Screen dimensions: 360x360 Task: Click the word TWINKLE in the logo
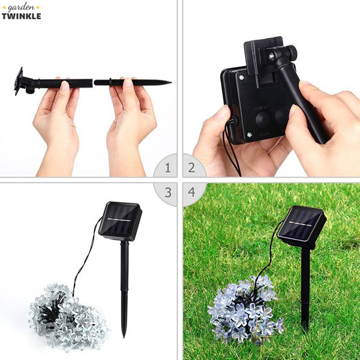click(x=21, y=16)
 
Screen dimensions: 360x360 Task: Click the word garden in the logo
click(x=21, y=8)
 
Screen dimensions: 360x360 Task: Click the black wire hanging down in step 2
click(x=231, y=153)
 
